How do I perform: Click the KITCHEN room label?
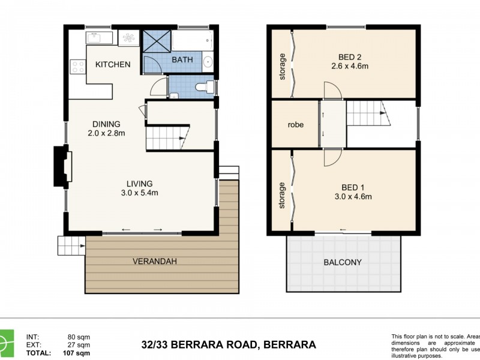click(113, 64)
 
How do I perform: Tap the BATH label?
click(182, 60)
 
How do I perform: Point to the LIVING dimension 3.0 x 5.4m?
click(139, 193)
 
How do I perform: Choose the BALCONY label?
click(343, 262)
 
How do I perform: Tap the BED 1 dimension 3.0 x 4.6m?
click(353, 196)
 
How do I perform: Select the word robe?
click(295, 125)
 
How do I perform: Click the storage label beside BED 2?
click(282, 67)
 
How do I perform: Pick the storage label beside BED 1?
click(281, 196)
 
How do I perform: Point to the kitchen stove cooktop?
click(77, 66)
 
